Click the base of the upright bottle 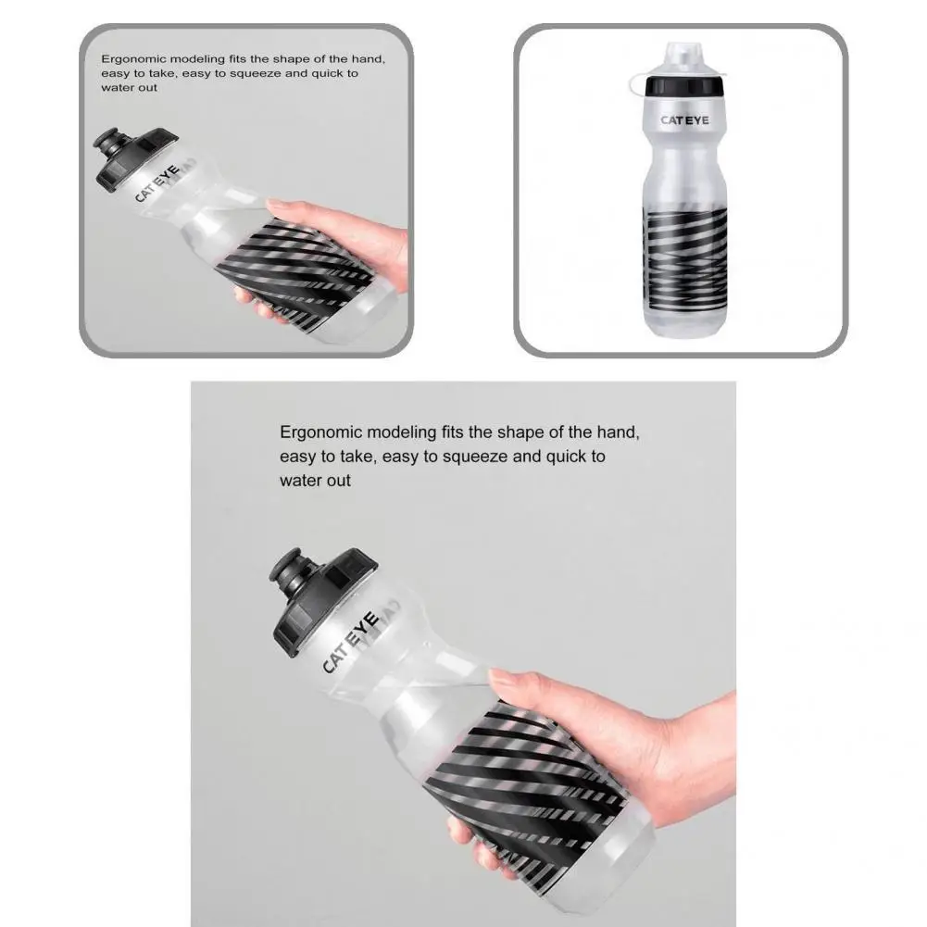pos(684,327)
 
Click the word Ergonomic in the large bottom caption pos(320,432)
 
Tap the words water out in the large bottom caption pos(316,481)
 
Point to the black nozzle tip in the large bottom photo pos(290,575)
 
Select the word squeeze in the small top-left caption pos(243,73)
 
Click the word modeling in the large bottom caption pos(400,432)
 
